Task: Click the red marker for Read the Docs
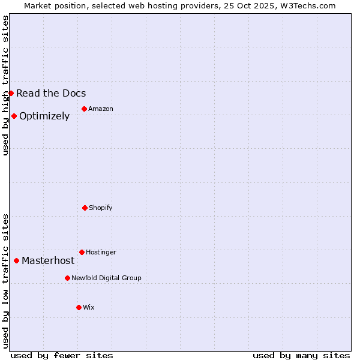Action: [x=11, y=93]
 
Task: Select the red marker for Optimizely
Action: [x=14, y=116]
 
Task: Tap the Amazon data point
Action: [x=84, y=109]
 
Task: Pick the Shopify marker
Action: [x=85, y=208]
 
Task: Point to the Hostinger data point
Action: [x=82, y=252]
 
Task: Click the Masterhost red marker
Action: [x=16, y=260]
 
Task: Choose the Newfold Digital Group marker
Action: [x=67, y=278]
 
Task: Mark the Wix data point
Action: [x=79, y=307]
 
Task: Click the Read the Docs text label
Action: [x=51, y=93]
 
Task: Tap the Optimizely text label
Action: [x=44, y=116]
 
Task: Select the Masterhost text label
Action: [x=48, y=260]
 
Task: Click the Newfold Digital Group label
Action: [x=106, y=278]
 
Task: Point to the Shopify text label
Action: [x=101, y=208]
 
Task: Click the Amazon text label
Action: [x=101, y=109]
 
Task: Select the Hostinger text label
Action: [x=101, y=252]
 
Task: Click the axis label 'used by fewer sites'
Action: [x=62, y=355]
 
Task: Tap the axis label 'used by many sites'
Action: [x=301, y=355]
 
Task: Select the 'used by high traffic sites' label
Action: [x=6, y=85]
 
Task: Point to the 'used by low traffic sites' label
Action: [x=6, y=281]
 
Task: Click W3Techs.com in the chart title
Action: [x=307, y=5]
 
